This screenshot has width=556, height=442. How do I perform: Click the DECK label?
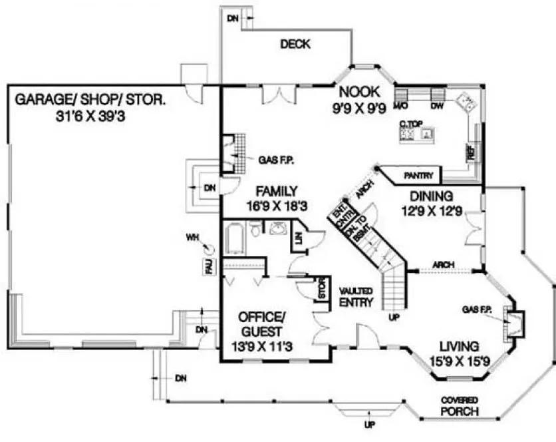pos(295,45)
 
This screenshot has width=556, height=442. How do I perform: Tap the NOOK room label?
pos(358,92)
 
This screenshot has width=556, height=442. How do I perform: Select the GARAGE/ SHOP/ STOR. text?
pos(90,101)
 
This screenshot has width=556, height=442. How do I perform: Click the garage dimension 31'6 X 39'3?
pos(91,116)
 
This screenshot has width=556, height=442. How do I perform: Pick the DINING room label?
pos(431,196)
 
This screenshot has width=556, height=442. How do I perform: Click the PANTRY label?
pos(419,176)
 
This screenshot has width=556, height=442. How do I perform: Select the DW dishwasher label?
pos(437,106)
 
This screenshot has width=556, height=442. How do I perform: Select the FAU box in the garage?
pos(208,267)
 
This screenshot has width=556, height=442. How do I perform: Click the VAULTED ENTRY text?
pos(355,297)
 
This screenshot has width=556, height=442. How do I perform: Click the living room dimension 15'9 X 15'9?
pos(460,361)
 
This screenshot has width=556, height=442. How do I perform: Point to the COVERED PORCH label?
pos(460,405)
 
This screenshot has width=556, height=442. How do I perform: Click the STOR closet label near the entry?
pos(323,291)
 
